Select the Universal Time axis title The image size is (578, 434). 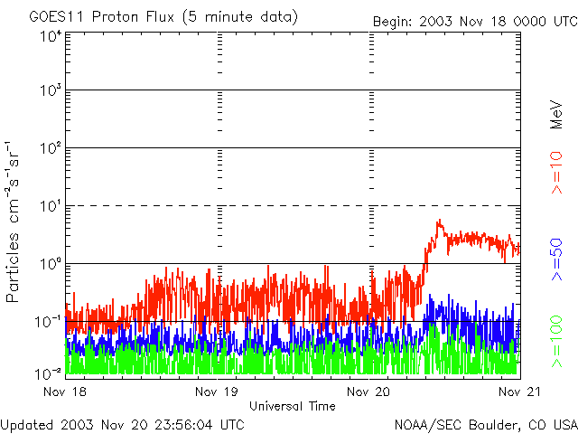(x=292, y=406)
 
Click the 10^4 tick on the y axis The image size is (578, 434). (x=51, y=36)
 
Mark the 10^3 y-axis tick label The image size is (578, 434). (x=51, y=90)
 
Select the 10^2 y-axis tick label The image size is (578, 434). (x=51, y=148)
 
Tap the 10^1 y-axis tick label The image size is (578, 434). (x=51, y=206)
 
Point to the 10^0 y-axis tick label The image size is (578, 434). (x=51, y=264)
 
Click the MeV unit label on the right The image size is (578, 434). (x=558, y=115)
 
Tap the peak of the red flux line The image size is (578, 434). (x=439, y=221)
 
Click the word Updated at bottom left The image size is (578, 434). (x=26, y=423)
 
